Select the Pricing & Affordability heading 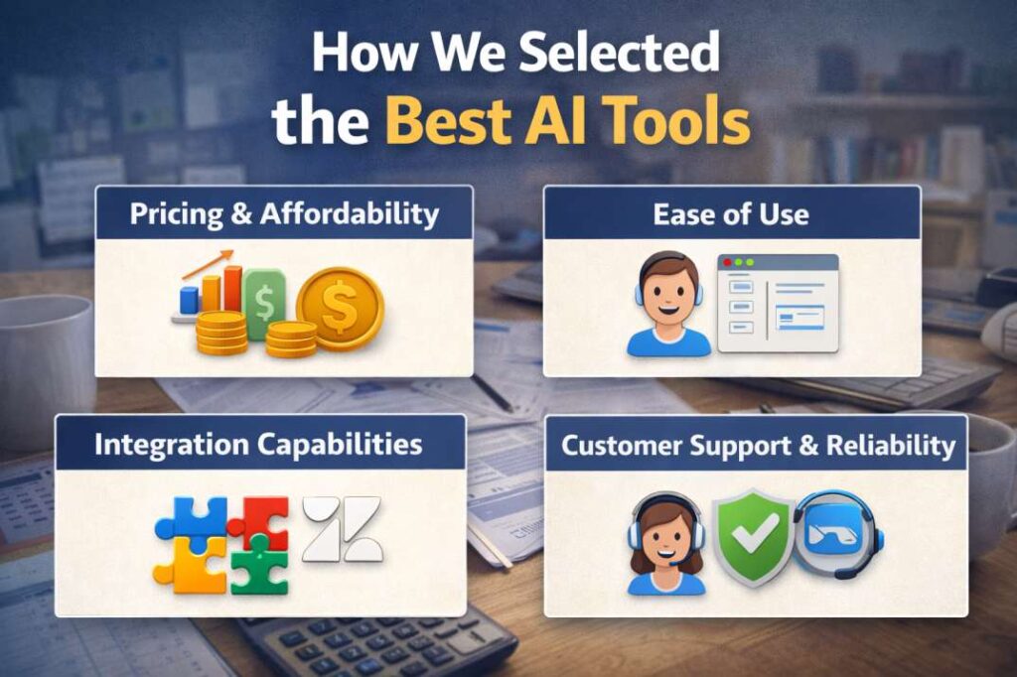point(284,214)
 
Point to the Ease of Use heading point(731,214)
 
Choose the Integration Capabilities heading point(258,445)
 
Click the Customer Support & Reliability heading point(758,446)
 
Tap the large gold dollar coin point(340,309)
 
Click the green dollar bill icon point(264,302)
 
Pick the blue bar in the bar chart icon point(189,299)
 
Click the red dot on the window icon point(728,263)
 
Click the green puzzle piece point(260,566)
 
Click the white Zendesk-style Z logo point(343,528)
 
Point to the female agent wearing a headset point(666,543)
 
